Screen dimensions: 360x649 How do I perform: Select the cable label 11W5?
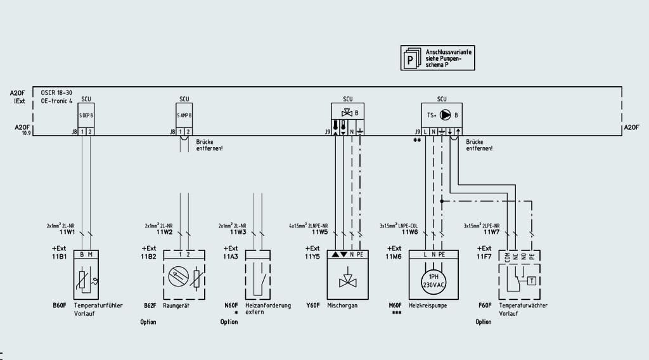coord(319,231)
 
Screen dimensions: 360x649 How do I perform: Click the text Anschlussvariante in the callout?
coord(449,51)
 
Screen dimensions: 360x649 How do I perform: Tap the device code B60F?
coord(60,305)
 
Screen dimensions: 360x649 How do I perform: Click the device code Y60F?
coord(312,305)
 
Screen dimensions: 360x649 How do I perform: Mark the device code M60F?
coord(396,305)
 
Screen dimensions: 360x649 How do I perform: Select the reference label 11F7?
coord(484,256)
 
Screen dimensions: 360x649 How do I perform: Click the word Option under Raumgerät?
coord(148,322)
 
